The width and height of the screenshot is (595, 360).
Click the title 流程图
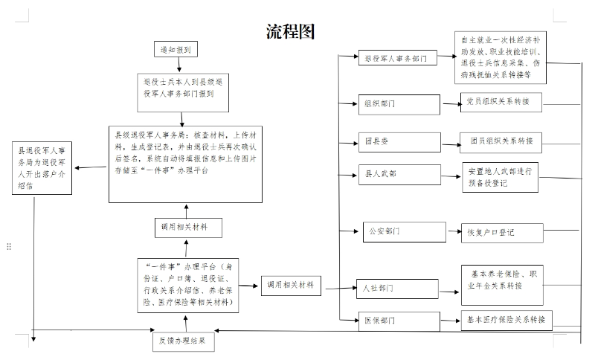click(290, 31)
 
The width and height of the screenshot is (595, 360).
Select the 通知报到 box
click(176, 49)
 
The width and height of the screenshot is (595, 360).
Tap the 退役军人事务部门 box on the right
click(398, 58)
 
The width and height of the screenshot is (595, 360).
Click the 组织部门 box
click(399, 105)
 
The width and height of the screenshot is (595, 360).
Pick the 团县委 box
click(399, 142)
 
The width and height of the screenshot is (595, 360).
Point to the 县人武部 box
click(399, 175)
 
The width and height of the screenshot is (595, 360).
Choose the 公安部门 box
click(405, 232)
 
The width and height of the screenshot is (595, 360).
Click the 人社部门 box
click(397, 289)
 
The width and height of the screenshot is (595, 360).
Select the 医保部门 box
click(399, 321)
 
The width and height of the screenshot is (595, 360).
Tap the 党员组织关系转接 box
click(501, 102)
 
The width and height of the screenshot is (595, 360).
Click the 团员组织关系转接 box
click(501, 143)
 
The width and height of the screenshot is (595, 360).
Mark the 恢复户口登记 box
click(502, 233)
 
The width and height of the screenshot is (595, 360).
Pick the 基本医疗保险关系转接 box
click(506, 320)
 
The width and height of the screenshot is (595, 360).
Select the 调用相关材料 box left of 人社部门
click(291, 286)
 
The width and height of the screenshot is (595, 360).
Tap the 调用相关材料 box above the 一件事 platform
click(188, 228)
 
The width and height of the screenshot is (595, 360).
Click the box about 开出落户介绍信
click(42, 168)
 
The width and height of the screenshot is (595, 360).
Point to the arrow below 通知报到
click(179, 65)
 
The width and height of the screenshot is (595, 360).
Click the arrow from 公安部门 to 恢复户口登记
click(454, 231)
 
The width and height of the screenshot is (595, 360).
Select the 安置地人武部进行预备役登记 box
click(500, 177)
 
